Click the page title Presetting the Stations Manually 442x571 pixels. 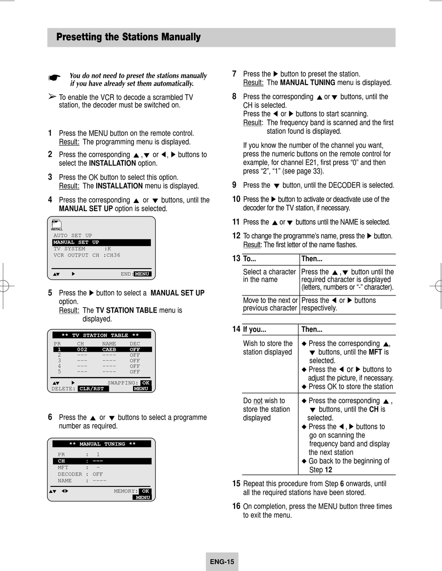(128, 37)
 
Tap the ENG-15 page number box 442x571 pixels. (222, 562)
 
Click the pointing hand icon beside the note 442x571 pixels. (54, 78)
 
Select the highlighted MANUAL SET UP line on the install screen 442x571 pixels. (101, 243)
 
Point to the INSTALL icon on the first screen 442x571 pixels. (57, 225)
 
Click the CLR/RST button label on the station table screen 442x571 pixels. (93, 388)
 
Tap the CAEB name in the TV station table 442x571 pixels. (109, 349)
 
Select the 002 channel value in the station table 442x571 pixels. (82, 349)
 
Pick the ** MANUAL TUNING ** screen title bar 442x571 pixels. (102, 444)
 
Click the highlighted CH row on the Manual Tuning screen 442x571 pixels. (101, 461)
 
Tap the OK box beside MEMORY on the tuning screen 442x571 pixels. (146, 491)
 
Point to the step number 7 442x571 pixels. (234, 73)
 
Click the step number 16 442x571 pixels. (236, 506)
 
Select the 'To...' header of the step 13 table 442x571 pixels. (250, 259)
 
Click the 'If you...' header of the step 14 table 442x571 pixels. (254, 329)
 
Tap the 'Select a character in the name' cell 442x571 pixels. (269, 276)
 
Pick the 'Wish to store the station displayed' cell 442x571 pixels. (268, 348)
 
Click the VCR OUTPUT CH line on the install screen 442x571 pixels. (87, 255)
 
